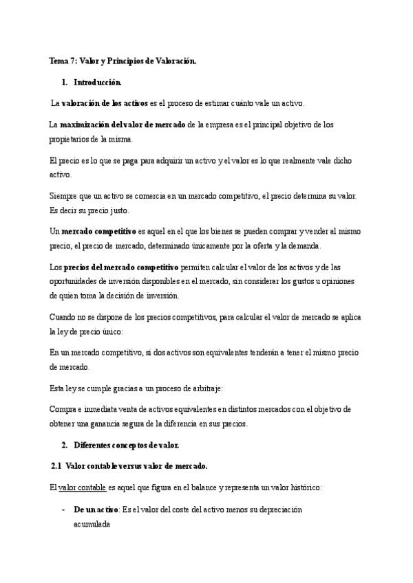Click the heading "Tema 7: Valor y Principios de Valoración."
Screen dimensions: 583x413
point(123,61)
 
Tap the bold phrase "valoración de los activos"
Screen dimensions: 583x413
point(105,103)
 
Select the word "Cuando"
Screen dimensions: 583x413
point(64,317)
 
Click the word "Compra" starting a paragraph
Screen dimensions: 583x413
point(64,409)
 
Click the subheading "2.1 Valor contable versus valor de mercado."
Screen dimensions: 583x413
point(129,466)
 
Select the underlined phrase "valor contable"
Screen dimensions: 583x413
point(83,487)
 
